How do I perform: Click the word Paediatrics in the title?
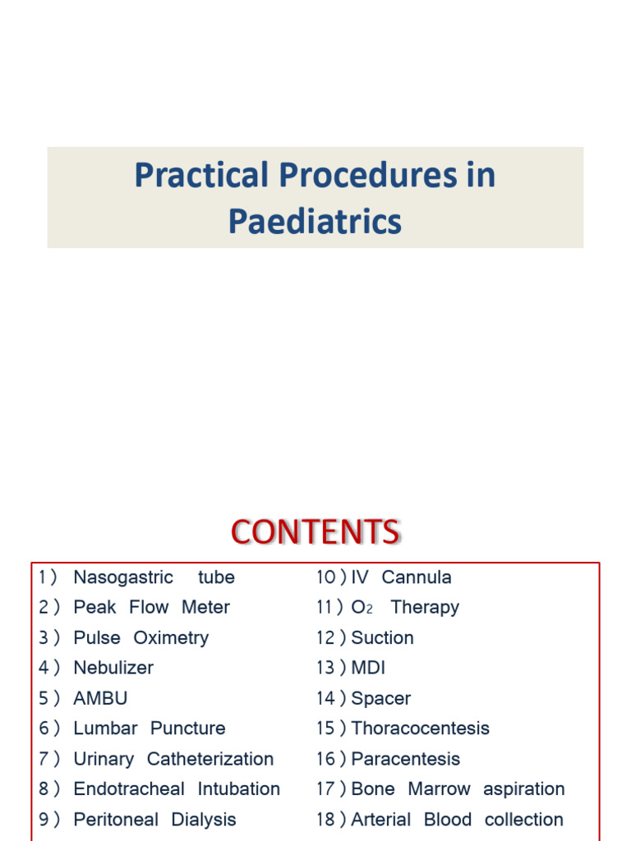(x=315, y=222)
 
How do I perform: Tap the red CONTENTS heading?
(x=315, y=532)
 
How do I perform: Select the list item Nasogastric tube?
(x=154, y=577)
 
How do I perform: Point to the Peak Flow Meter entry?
(x=151, y=608)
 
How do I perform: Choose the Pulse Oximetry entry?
(x=140, y=638)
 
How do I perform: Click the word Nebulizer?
(x=113, y=669)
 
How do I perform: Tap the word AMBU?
(x=100, y=699)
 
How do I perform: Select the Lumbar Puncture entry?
(x=149, y=728)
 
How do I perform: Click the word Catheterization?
(x=210, y=759)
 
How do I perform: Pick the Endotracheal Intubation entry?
(x=177, y=789)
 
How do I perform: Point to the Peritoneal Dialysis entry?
(x=154, y=820)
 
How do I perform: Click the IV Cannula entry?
(x=401, y=577)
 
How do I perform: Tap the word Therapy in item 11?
(x=425, y=608)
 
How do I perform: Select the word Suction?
(x=382, y=638)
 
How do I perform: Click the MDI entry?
(x=368, y=669)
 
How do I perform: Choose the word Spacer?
(x=380, y=699)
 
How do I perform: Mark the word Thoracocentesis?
(x=420, y=728)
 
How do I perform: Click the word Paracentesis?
(x=405, y=759)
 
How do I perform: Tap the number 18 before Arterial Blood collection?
(x=325, y=820)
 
